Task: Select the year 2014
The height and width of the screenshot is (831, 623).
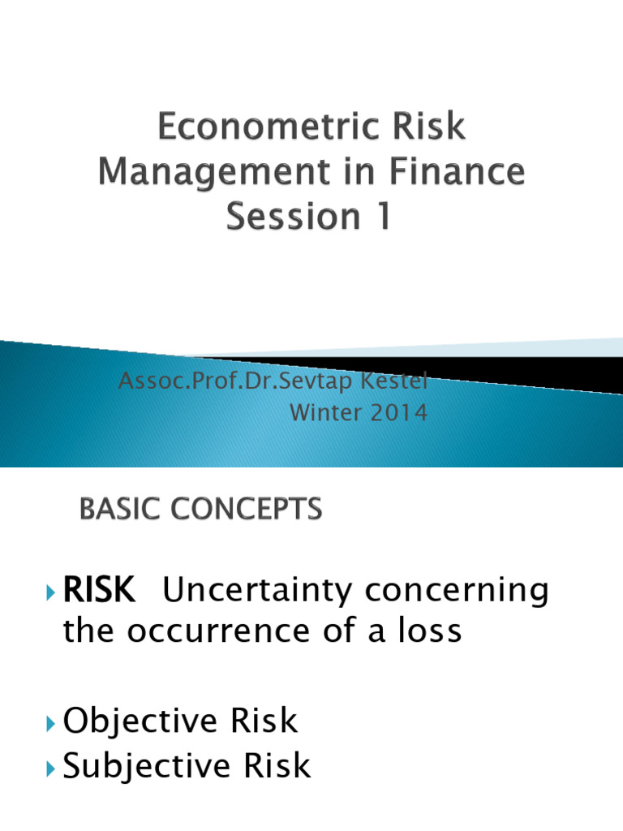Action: pos(397,412)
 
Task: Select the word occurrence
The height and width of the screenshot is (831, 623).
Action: pos(206,632)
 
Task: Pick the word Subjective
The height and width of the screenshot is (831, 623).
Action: pos(149,765)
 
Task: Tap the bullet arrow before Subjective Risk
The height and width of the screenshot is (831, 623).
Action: pos(53,766)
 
